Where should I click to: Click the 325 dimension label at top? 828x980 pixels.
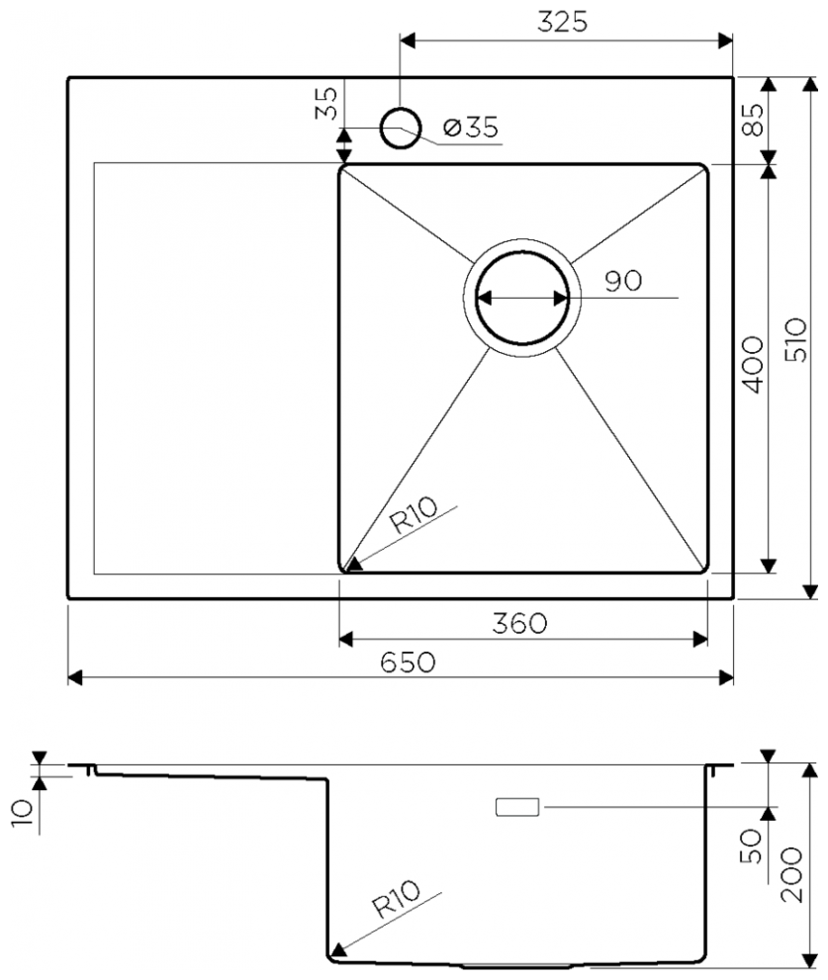point(562,22)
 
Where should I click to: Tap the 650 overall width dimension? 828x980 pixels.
point(408,662)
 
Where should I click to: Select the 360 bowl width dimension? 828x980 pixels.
point(519,623)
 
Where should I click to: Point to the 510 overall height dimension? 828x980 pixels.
point(796,340)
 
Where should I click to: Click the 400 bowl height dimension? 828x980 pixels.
point(753,365)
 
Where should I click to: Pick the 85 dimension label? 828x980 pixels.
point(753,120)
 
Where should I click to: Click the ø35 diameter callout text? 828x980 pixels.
point(471,128)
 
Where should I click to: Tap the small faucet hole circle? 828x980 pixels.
point(401,128)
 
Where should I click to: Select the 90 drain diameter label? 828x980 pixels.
point(623,281)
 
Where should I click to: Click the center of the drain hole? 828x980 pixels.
point(522,298)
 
